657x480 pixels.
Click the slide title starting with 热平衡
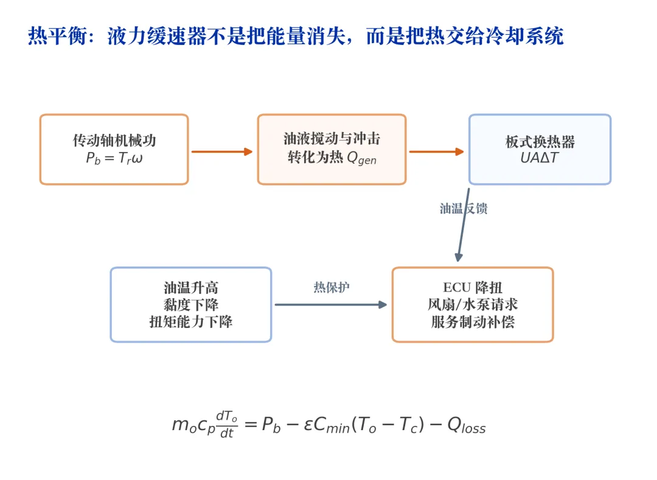pyautogui.click(x=296, y=36)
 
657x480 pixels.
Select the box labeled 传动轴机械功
pyautogui.click(x=114, y=149)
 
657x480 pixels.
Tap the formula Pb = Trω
pyautogui.click(x=114, y=158)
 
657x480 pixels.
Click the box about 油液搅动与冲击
pyautogui.click(x=332, y=149)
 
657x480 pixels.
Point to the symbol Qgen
pyautogui.click(x=361, y=158)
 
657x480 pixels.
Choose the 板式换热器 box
pyautogui.click(x=540, y=149)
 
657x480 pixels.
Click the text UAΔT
pyautogui.click(x=540, y=158)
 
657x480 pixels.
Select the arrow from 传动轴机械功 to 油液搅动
pyautogui.click(x=222, y=151)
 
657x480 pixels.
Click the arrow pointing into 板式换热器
pyautogui.click(x=437, y=151)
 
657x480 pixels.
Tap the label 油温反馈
pyautogui.click(x=464, y=209)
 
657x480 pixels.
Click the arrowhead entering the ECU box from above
pyautogui.click(x=459, y=257)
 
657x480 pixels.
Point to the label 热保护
pyautogui.click(x=332, y=287)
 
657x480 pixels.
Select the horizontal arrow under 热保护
pyautogui.click(x=330, y=305)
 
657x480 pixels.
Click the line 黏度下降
pyautogui.click(x=191, y=305)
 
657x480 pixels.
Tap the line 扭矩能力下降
pyautogui.click(x=191, y=322)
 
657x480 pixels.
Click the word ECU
pyautogui.click(x=457, y=287)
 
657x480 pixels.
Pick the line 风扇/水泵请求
pyautogui.click(x=473, y=305)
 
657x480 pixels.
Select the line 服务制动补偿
pyautogui.click(x=473, y=322)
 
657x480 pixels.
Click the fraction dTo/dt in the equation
pyautogui.click(x=227, y=424)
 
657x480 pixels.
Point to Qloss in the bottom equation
pyautogui.click(x=467, y=425)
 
